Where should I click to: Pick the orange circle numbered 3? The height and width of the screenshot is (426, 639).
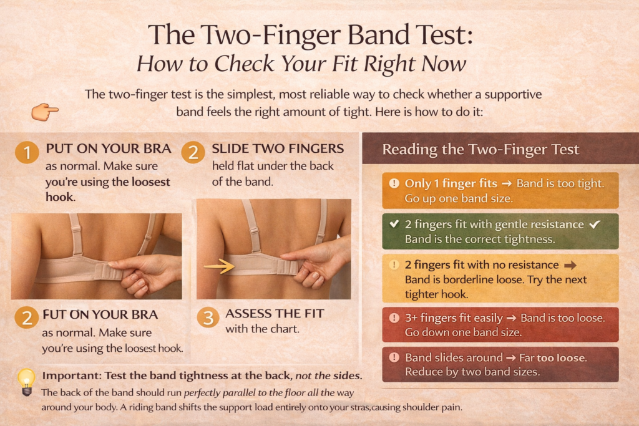point(208,317)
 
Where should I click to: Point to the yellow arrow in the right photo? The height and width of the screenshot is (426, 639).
point(218,266)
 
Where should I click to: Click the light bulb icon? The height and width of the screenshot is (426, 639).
point(26,381)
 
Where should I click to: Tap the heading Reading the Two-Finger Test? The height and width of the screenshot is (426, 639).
point(480,150)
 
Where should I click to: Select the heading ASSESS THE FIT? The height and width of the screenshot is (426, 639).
point(275,313)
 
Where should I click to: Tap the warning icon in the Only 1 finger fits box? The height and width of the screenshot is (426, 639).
point(394,183)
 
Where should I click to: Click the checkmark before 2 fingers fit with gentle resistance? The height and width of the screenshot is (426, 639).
point(394,224)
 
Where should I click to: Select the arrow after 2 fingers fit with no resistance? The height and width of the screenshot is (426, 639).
point(570,265)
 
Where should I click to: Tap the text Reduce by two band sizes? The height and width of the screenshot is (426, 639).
point(472,372)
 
